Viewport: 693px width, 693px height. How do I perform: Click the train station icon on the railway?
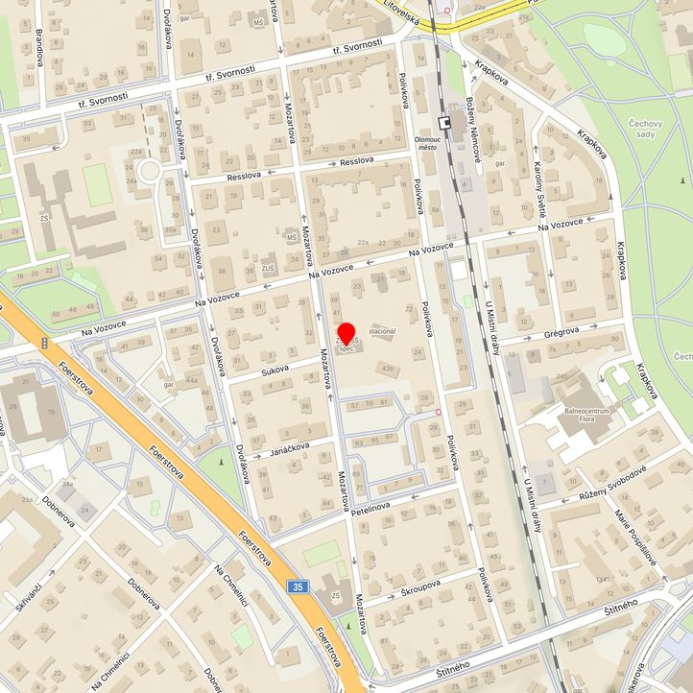point(444,123)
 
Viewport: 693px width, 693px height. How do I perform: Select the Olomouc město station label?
point(426,143)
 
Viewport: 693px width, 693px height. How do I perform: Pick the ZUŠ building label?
point(268,268)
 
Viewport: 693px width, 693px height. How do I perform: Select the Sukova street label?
point(275,369)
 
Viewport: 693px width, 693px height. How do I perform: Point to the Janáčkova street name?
point(287,449)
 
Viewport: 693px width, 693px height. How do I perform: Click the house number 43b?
point(387,368)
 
